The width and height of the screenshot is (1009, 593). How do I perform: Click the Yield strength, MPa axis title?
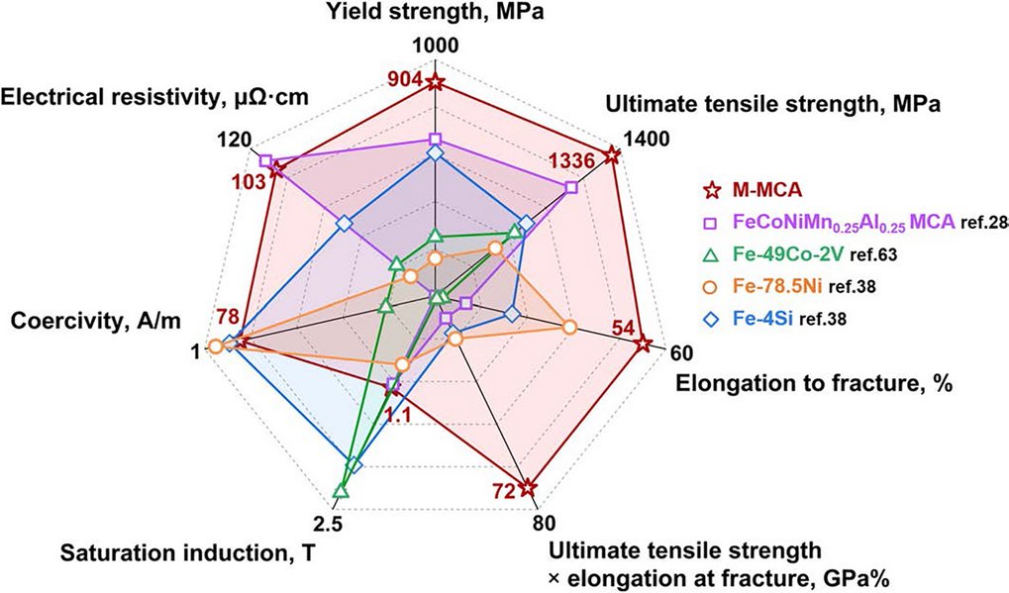point(434,13)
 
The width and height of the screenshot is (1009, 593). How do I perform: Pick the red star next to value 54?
point(643,344)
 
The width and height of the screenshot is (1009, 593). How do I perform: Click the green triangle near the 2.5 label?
point(341,491)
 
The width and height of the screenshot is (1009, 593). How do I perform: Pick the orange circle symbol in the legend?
point(710,287)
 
